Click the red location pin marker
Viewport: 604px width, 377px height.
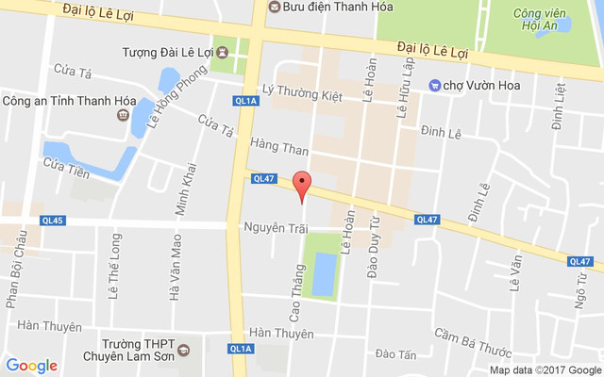coord(302,185)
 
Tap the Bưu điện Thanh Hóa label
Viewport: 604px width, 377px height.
coord(318,7)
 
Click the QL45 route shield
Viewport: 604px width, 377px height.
coord(54,221)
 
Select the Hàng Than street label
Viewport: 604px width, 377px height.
coord(280,146)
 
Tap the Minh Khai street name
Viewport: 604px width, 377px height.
coord(189,188)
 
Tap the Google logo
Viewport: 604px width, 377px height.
coord(32,365)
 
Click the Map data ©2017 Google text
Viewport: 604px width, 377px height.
coord(544,369)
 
